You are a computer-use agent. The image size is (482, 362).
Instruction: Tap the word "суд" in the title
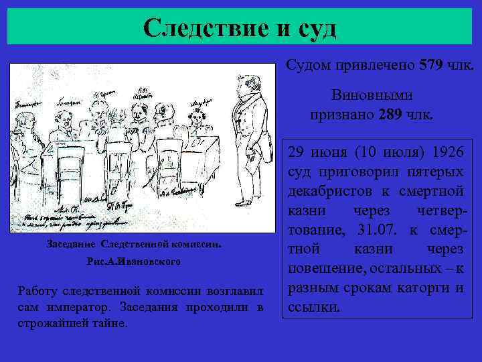(311, 28)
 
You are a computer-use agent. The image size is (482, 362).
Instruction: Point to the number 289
(390, 114)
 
